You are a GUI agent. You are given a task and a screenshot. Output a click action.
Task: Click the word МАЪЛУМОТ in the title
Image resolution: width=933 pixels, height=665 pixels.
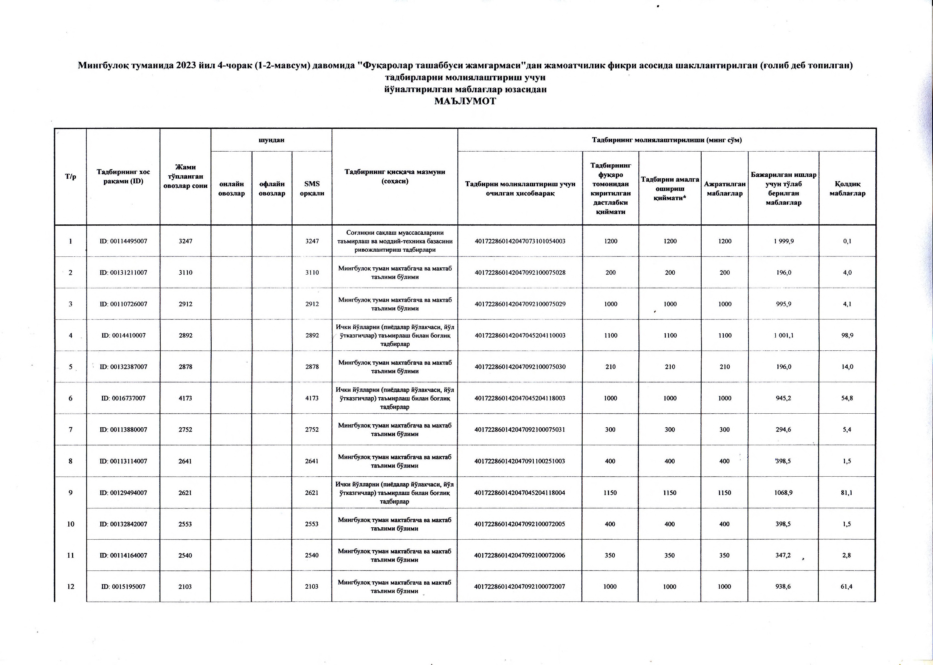click(x=465, y=101)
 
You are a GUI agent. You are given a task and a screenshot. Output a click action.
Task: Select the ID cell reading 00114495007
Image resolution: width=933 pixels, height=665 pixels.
click(x=123, y=241)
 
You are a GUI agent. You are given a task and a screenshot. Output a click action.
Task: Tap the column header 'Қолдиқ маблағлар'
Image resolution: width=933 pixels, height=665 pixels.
click(x=847, y=189)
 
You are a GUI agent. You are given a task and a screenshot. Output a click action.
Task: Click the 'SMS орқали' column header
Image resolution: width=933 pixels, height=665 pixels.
click(x=312, y=189)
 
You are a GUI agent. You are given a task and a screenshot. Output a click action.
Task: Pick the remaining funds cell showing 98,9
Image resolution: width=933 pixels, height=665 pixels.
click(x=847, y=335)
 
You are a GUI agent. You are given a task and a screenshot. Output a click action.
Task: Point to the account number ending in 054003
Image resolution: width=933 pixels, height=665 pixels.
click(x=520, y=241)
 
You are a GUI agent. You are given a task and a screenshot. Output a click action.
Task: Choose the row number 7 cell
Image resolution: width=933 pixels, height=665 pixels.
click(x=70, y=430)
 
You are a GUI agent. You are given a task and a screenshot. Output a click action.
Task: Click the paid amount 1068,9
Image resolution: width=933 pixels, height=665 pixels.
click(x=783, y=493)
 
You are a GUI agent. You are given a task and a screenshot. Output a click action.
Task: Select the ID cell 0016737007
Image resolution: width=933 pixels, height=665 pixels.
click(x=123, y=398)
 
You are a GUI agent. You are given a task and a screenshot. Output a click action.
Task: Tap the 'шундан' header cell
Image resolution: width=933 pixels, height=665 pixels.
click(x=271, y=140)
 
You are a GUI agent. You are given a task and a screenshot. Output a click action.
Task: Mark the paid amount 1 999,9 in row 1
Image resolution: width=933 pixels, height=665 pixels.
click(x=783, y=241)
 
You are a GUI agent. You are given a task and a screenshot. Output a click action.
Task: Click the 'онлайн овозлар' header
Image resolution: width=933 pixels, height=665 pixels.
click(x=231, y=189)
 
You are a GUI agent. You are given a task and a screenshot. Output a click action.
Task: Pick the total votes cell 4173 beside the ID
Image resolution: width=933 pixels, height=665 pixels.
click(x=185, y=398)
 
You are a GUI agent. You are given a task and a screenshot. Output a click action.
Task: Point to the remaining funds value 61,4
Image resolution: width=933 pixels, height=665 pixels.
click(x=846, y=586)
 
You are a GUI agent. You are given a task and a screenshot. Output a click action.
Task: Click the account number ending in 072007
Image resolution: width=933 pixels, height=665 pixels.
click(x=519, y=586)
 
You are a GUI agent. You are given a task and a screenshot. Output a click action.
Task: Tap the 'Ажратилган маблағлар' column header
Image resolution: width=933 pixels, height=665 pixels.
click(x=725, y=189)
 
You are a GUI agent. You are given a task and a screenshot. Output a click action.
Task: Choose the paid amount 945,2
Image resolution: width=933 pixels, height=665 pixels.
click(x=783, y=398)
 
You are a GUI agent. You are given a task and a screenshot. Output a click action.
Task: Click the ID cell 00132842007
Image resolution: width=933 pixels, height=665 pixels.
click(x=123, y=524)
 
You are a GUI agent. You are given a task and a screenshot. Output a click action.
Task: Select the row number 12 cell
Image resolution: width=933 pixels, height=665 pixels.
click(x=70, y=586)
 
